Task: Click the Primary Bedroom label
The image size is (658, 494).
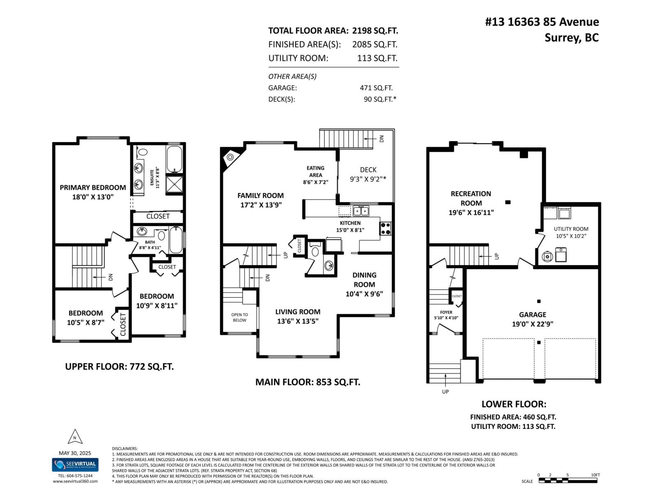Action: coord(93,188)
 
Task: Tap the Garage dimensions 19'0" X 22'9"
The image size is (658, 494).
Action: coord(533,324)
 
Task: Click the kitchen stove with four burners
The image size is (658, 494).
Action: coord(385,228)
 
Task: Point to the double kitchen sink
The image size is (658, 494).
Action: coord(361,211)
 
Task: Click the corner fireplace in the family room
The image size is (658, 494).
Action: coord(229,157)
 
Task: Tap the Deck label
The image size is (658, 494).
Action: coord(368,170)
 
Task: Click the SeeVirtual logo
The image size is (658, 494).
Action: coord(75,465)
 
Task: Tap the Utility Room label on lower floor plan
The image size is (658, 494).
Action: coord(571,229)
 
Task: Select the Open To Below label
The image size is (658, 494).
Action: coord(239,317)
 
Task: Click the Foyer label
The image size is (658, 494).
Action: coord(446,312)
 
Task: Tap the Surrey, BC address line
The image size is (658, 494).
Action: coord(572,38)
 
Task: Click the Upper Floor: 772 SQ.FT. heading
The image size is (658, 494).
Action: coord(119,366)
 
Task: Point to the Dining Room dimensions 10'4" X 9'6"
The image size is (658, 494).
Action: coord(364,294)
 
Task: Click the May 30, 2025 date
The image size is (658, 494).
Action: coord(75,453)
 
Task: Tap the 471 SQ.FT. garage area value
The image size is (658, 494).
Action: coord(376,88)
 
